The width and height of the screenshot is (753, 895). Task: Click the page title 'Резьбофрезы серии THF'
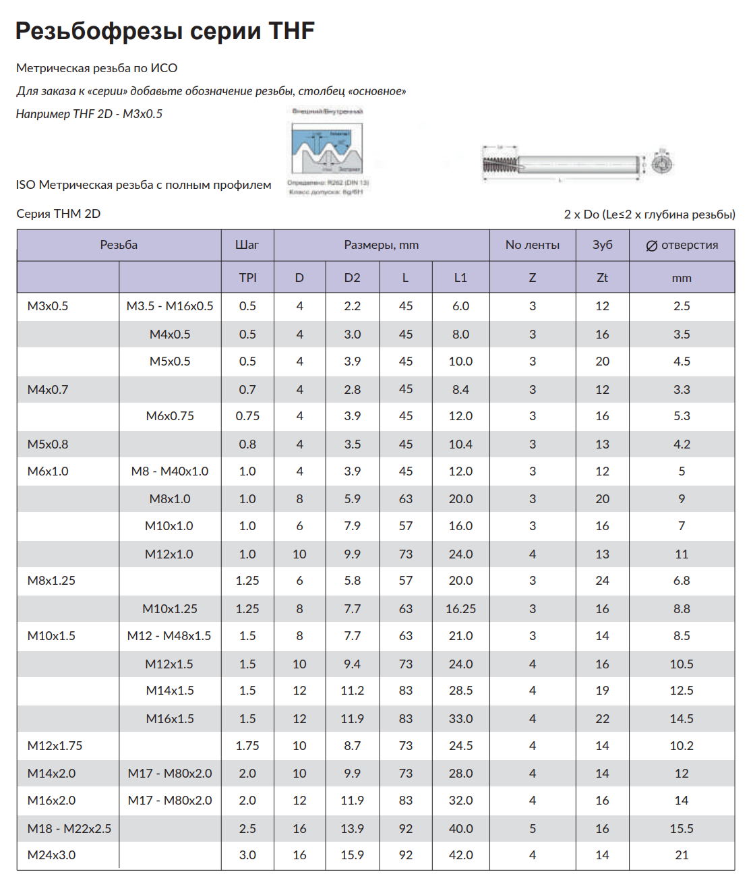165,31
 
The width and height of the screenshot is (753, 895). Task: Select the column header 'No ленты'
532,245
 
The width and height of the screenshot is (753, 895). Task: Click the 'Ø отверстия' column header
682,245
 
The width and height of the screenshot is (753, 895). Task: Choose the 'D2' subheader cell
352,278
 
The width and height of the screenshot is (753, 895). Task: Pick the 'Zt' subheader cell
602,278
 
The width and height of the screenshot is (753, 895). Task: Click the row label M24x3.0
52,855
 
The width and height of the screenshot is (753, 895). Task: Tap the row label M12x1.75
55,746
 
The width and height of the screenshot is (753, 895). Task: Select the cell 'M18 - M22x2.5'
69,828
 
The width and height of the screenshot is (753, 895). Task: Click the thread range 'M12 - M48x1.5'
169,636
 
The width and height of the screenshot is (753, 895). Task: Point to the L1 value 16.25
460,609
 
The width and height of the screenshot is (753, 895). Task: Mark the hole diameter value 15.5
682,828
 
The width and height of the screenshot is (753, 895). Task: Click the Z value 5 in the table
532,828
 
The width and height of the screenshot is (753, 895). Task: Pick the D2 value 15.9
352,855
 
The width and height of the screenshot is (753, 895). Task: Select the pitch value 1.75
247,746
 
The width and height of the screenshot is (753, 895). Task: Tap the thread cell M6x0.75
170,416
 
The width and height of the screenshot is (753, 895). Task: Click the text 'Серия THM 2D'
59,214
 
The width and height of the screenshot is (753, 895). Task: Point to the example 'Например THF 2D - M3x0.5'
89,114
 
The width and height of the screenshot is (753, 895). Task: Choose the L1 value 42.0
460,855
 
